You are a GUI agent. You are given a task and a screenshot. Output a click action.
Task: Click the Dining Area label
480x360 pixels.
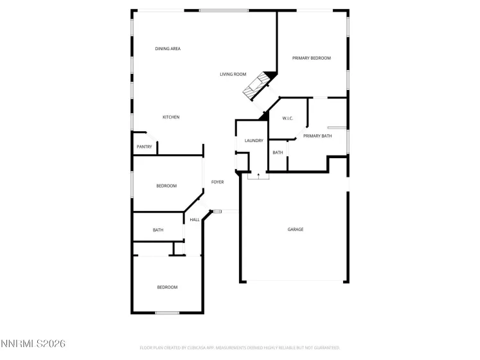point(168,49)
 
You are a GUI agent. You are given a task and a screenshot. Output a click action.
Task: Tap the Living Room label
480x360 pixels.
point(233,75)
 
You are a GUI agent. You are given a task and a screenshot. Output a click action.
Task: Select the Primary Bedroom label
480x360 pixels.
point(311,59)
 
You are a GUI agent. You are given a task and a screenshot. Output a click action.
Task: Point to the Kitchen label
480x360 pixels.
point(170,117)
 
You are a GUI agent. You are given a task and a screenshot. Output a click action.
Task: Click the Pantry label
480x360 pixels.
point(145,147)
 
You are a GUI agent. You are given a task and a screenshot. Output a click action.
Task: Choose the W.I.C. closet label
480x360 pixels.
point(288,118)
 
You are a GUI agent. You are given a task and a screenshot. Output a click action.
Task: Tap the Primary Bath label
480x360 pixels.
point(317,136)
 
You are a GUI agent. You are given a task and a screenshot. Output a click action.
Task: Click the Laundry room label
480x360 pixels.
point(254,140)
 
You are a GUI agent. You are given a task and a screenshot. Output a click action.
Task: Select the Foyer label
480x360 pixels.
point(218,182)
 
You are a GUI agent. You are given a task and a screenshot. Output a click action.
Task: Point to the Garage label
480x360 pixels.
point(295,230)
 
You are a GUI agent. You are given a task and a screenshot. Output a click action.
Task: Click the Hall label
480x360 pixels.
point(194,220)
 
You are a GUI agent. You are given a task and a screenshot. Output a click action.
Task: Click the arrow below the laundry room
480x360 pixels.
point(258,174)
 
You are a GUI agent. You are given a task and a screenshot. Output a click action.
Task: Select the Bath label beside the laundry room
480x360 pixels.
point(278,152)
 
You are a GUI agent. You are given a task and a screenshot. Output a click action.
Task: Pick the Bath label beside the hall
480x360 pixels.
point(158,230)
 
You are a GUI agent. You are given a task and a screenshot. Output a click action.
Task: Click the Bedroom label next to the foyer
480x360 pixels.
point(166,186)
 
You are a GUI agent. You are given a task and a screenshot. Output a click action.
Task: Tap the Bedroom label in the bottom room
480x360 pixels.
point(167,287)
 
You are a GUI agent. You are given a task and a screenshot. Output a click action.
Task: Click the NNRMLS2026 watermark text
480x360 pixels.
point(33,345)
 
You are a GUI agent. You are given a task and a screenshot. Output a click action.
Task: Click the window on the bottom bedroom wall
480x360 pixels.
point(167,313)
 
